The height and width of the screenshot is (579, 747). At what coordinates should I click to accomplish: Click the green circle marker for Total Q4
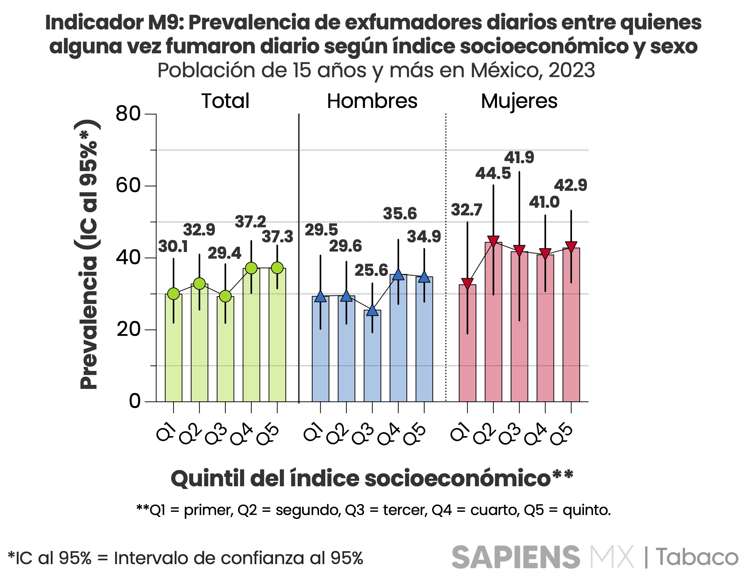click(x=251, y=268)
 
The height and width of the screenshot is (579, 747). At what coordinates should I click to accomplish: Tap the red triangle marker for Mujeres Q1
click(x=467, y=283)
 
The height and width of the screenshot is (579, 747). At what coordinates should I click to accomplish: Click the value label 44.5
click(x=493, y=174)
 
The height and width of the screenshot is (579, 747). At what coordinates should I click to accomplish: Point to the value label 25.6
click(x=371, y=270)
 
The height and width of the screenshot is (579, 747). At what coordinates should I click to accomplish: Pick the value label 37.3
click(x=277, y=237)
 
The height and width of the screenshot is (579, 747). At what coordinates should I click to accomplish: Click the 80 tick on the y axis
click(x=128, y=114)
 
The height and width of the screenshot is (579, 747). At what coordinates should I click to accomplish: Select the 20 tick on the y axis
click(x=128, y=330)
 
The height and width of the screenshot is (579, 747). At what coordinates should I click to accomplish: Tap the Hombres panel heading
click(x=372, y=101)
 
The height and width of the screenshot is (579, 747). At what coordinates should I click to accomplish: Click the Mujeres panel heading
click(x=519, y=101)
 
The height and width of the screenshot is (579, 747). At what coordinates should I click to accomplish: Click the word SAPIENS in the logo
click(x=516, y=557)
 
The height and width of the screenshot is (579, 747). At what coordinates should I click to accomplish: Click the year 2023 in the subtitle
click(x=572, y=70)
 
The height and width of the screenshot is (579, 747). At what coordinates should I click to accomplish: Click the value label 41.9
click(x=519, y=157)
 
